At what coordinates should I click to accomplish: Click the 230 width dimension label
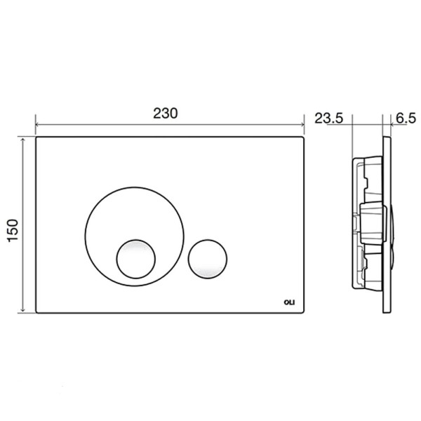pyautogui.click(x=166, y=113)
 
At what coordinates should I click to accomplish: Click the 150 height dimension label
pyautogui.click(x=13, y=231)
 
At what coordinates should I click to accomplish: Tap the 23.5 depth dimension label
pyautogui.click(x=329, y=118)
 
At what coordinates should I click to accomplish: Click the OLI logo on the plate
pyautogui.click(x=289, y=302)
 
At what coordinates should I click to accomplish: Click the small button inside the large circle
pyautogui.click(x=136, y=259)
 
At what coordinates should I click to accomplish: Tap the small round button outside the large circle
pyautogui.click(x=208, y=259)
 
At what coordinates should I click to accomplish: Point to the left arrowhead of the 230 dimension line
pyautogui.click(x=38, y=125)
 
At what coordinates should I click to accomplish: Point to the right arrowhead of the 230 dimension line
pyautogui.click(x=302, y=125)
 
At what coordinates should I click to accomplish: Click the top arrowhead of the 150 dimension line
pyautogui.click(x=23, y=140)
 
